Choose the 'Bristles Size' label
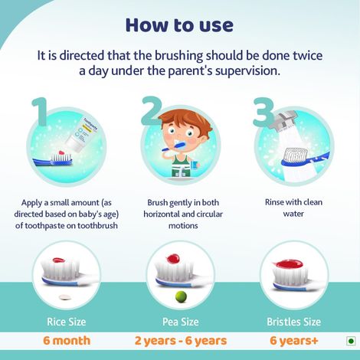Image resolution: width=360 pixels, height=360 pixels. pyautogui.click(x=294, y=321)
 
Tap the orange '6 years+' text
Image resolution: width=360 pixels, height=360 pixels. pyautogui.click(x=294, y=340)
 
